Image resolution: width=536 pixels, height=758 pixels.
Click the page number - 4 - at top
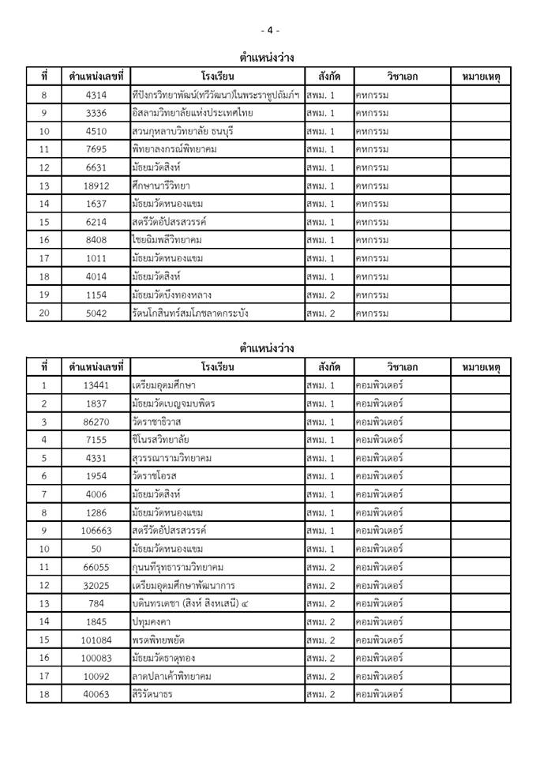269,30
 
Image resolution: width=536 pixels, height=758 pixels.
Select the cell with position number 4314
96,95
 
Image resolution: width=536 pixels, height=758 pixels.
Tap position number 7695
96,149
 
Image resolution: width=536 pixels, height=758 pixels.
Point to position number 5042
96,313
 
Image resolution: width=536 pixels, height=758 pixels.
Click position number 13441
96,385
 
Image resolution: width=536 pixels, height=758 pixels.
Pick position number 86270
96,422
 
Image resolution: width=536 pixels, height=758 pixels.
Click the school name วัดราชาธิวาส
159,422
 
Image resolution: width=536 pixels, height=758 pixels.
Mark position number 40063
96,694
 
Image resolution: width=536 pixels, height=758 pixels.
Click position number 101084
96,640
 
